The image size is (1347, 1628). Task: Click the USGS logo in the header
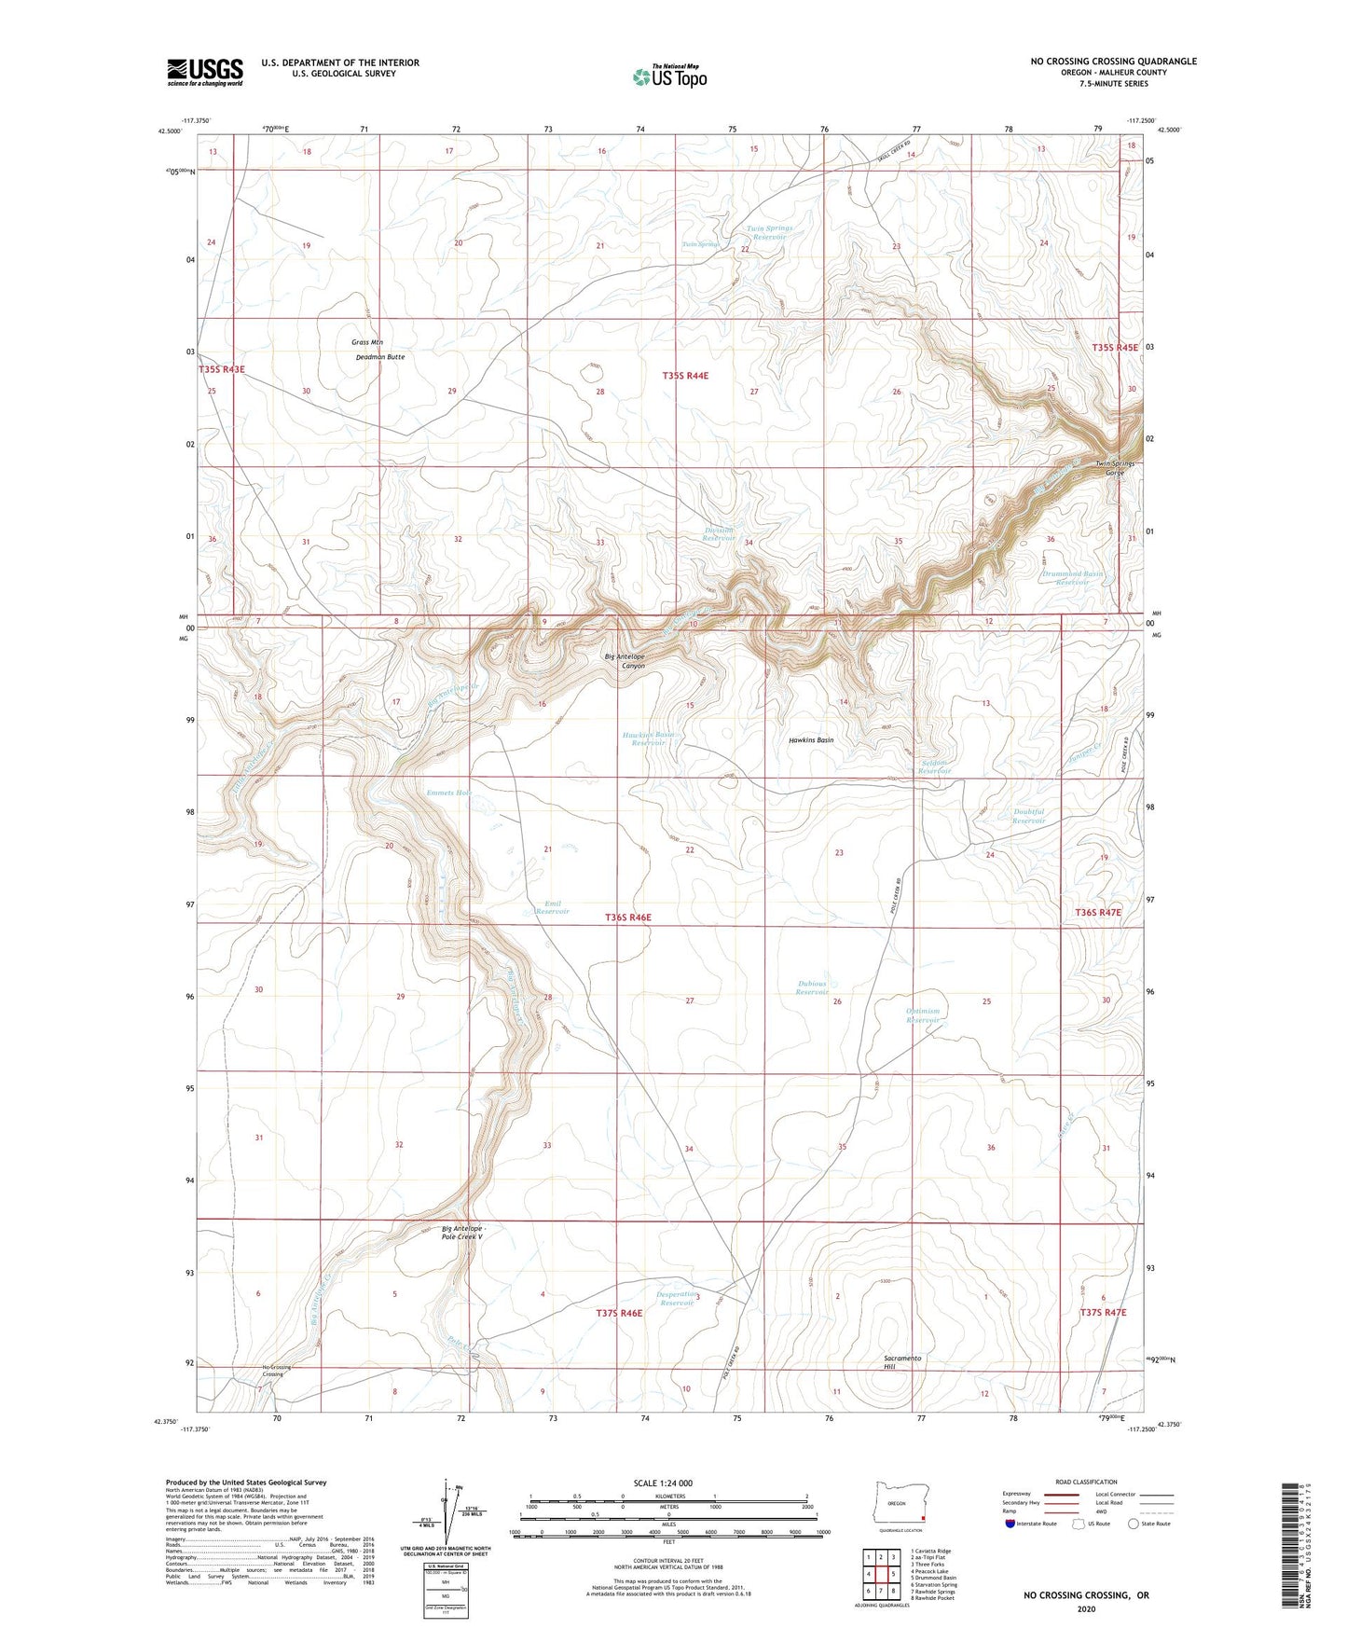205,71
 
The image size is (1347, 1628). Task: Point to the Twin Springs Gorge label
1115,468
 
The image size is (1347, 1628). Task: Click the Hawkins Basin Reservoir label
648,738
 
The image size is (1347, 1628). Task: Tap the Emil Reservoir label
552,906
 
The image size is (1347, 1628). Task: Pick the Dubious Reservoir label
812,987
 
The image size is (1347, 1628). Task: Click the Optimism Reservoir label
923,1015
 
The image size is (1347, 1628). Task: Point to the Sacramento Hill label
902,1362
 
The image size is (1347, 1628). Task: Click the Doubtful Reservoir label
1028,816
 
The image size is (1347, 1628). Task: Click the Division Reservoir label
719,534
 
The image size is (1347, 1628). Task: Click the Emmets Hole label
448,793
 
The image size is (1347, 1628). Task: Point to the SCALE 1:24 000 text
663,1483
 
